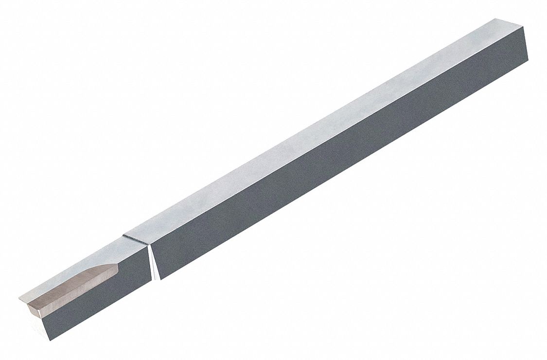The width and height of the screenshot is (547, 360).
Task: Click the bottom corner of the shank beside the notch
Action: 160,280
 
